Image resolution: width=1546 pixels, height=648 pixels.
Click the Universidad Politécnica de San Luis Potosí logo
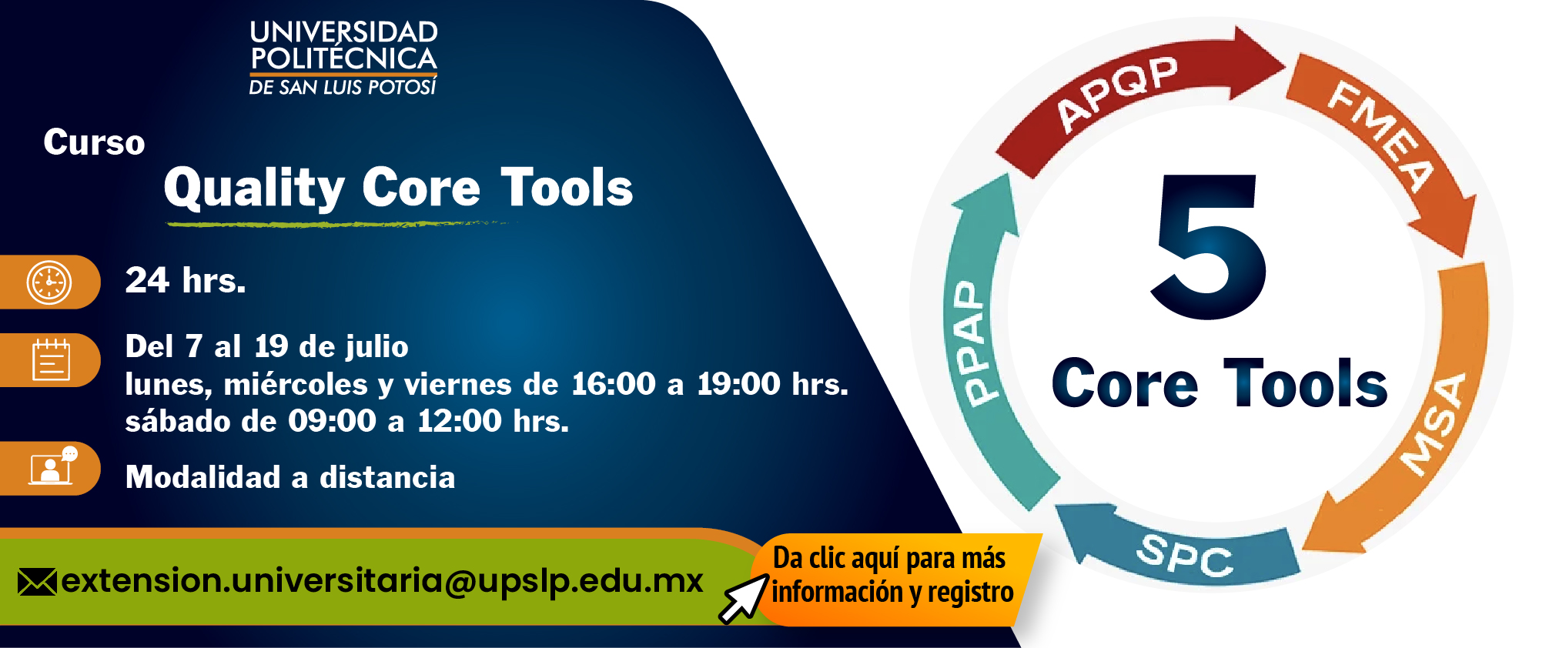click(x=343, y=58)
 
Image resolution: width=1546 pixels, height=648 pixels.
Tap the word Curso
click(x=94, y=142)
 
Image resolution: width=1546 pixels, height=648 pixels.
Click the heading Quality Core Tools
click(x=398, y=188)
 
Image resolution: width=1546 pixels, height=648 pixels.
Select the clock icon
click(x=49, y=282)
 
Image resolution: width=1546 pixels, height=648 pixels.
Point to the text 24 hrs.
click(x=186, y=280)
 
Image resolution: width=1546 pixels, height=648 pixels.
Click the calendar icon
click(x=51, y=359)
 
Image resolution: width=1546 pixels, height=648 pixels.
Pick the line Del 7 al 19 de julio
click(x=266, y=346)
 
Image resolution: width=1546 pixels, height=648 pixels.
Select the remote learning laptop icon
click(x=52, y=466)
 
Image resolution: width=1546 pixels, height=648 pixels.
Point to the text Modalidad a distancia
click(x=290, y=477)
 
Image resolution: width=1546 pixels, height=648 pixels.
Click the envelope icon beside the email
click(x=37, y=582)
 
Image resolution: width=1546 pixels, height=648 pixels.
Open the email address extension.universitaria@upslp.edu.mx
click(x=382, y=581)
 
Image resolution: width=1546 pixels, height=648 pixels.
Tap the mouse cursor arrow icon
click(x=743, y=600)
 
